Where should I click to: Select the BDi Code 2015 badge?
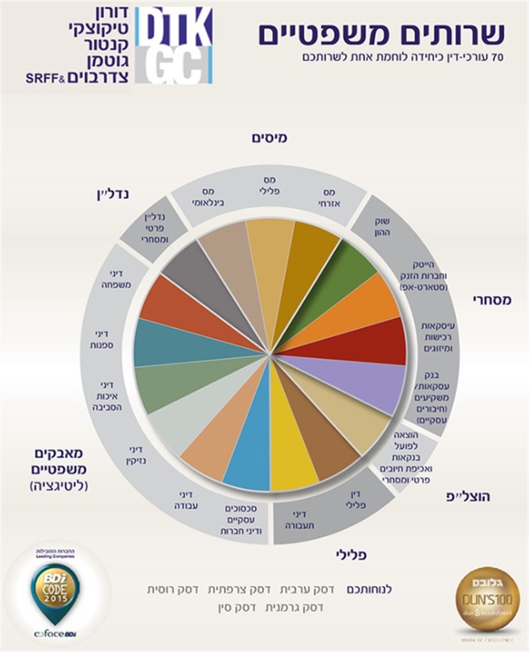(x=55, y=588)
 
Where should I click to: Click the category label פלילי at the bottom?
(x=351, y=555)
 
